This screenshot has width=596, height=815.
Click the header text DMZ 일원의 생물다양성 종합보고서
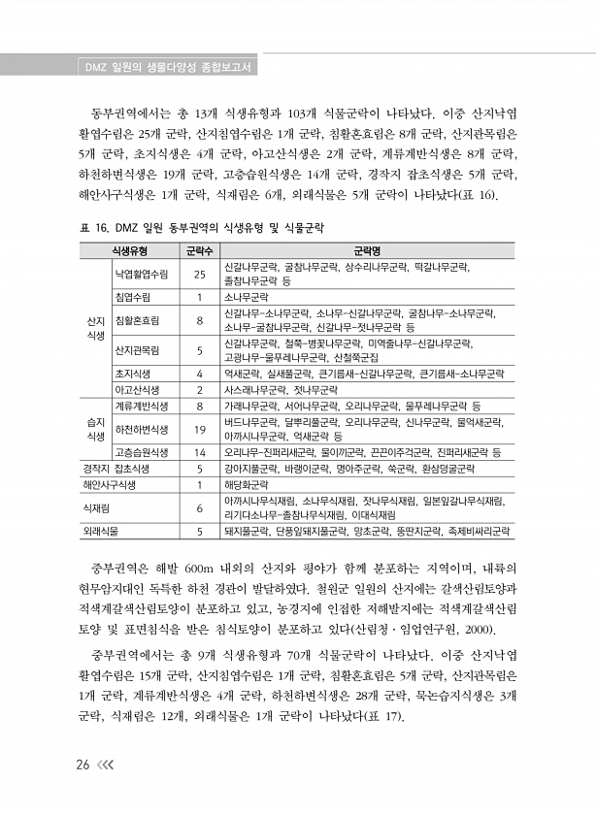click(x=164, y=68)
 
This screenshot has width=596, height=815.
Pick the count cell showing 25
click(x=198, y=273)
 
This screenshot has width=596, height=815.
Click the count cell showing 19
click(x=198, y=429)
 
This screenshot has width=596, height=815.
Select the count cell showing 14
click(x=198, y=452)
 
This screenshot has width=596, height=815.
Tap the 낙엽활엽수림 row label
click(x=142, y=273)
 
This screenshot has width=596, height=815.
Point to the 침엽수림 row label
click(x=132, y=297)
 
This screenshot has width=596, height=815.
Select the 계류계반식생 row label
click(x=142, y=406)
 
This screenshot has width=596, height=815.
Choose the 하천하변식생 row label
click(x=142, y=429)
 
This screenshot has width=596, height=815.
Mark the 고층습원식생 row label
click(x=142, y=452)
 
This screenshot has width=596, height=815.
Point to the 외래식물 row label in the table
click(x=102, y=532)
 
